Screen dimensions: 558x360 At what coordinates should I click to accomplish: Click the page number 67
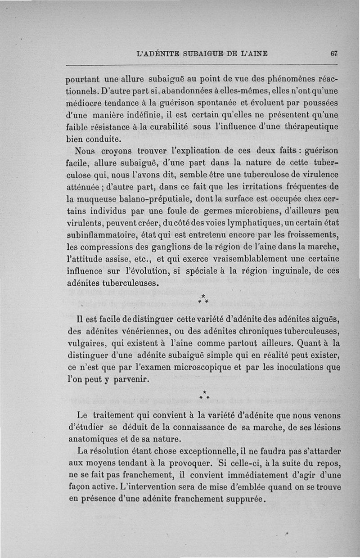333,53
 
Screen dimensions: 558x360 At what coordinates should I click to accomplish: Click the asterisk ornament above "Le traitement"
204,396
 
